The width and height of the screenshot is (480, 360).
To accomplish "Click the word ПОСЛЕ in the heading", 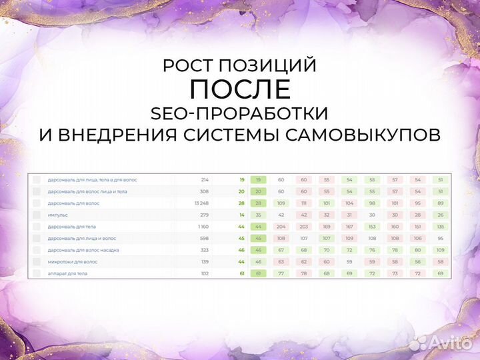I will [240, 89].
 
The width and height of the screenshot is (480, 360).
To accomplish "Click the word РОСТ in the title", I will [189, 66].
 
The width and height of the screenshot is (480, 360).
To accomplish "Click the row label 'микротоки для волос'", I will [72, 262].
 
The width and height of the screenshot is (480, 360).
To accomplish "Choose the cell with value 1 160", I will [203, 227].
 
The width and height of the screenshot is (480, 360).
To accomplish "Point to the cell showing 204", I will [281, 227].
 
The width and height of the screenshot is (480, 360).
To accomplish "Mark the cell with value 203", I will [303, 227].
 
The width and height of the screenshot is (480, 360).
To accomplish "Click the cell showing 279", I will [204, 215].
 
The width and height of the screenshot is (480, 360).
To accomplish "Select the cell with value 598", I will [204, 238].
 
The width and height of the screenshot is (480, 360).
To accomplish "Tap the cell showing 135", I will [440, 227].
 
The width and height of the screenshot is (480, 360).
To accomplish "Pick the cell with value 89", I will [440, 203].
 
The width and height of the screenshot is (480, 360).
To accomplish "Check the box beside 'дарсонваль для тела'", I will [36, 227].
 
